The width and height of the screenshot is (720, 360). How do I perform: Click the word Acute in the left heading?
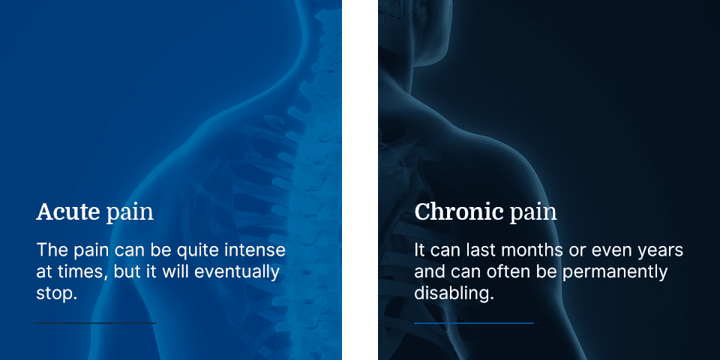click(68, 212)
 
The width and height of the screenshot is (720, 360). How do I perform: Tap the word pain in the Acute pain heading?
click(130, 214)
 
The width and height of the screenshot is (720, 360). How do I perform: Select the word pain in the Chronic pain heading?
click(533, 214)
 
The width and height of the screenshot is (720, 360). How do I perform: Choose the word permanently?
click(615, 272)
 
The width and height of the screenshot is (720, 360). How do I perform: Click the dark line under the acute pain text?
click(96, 323)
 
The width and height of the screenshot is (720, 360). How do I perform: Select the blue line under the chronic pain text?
click(474, 323)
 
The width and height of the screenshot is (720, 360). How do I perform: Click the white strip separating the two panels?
click(360, 180)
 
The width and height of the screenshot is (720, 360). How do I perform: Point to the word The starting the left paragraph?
click(52, 250)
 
